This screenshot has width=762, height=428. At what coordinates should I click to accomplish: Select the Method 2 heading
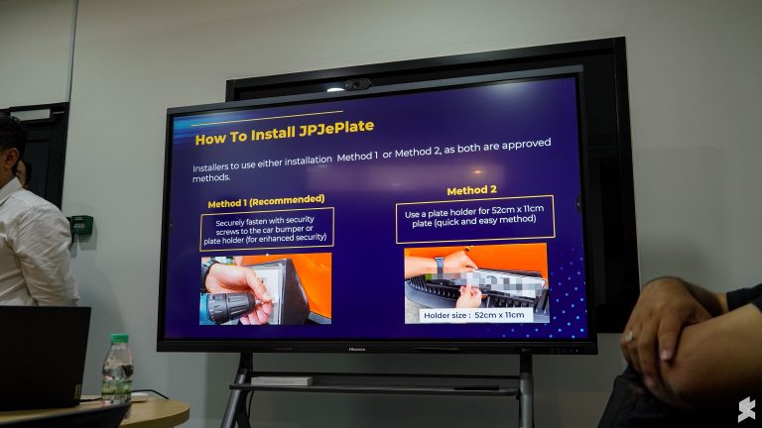pyautogui.click(x=473, y=190)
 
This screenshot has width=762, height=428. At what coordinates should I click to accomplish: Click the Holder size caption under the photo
pyautogui.click(x=473, y=313)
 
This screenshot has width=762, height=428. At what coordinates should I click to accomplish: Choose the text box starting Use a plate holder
pyautogui.click(x=474, y=218)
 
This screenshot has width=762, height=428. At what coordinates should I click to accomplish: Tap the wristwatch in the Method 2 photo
pyautogui.click(x=438, y=265)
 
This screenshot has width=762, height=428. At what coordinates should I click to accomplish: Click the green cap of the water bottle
pyautogui.click(x=119, y=339)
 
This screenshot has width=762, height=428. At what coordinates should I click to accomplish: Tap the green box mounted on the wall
pyautogui.click(x=81, y=225)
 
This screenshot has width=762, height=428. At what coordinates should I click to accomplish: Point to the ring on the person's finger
pyautogui.click(x=629, y=336)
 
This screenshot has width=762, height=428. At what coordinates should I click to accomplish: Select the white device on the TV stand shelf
pyautogui.click(x=281, y=380)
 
